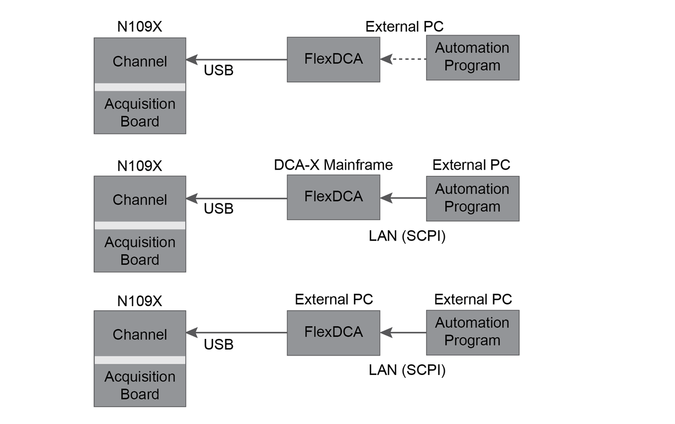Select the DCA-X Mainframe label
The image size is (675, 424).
tap(333, 165)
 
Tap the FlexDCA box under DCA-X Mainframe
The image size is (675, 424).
tap(333, 197)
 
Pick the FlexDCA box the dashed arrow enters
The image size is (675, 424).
tap(333, 59)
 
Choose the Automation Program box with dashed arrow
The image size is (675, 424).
tap(472, 57)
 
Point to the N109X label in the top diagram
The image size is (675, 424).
tap(139, 27)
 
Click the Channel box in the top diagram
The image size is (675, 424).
tap(139, 61)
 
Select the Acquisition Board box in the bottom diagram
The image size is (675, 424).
tap(139, 385)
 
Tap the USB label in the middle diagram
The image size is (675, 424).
tap(218, 209)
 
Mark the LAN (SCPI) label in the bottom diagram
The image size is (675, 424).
tap(407, 370)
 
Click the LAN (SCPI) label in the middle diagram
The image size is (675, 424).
tap(407, 236)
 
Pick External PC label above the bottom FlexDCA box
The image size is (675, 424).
tap(333, 299)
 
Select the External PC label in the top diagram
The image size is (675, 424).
tap(404, 27)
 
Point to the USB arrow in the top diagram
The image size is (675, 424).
tap(237, 59)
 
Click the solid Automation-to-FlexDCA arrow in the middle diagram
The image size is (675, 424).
tap(403, 198)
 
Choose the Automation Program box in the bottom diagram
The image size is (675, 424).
tap(472, 332)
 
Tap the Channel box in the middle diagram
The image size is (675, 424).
tap(139, 199)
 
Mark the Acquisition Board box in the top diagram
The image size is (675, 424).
tap(139, 112)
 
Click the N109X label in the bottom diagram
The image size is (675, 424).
tap(139, 301)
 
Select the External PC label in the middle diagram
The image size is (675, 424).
tap(471, 165)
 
